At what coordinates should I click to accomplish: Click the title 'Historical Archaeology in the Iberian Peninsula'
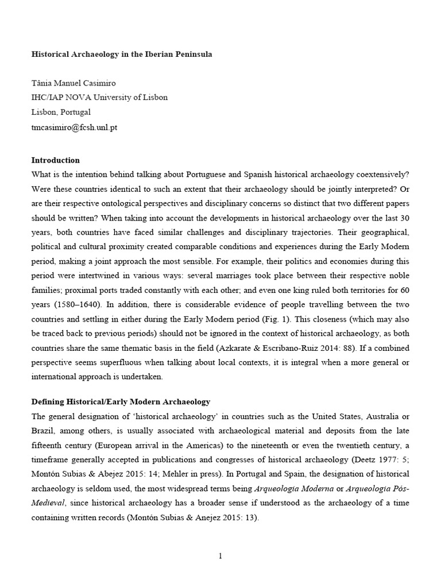[x=121, y=55]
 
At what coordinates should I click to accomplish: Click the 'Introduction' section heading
[x=55, y=160]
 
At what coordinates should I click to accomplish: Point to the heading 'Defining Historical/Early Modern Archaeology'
[x=121, y=401]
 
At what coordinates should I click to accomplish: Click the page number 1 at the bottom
[x=220, y=555]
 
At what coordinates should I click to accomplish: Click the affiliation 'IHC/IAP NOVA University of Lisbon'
[x=99, y=98]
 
